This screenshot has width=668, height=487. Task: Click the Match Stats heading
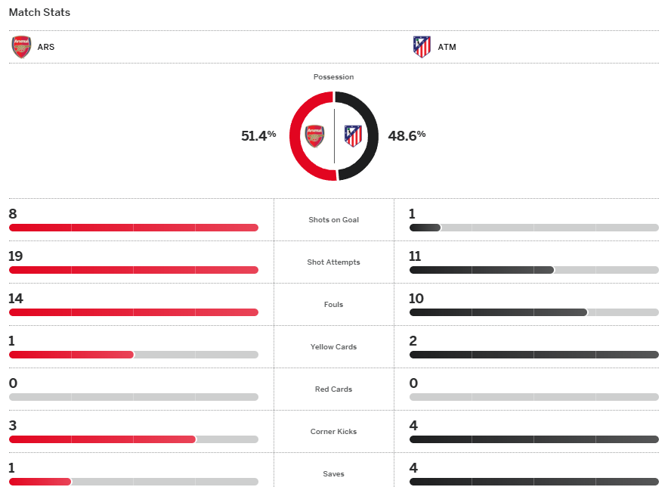point(39,13)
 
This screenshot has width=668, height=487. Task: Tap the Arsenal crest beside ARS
point(21,47)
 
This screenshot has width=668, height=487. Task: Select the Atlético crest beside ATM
point(422,47)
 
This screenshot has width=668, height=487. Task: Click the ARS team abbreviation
point(46,47)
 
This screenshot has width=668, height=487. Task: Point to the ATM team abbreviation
point(447,47)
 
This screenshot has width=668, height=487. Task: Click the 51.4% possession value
point(258,135)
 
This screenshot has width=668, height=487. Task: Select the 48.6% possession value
point(407,135)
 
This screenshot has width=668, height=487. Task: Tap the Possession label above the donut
point(333,77)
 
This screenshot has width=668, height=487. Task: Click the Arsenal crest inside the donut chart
point(314,136)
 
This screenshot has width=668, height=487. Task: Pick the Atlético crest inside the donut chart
point(353,136)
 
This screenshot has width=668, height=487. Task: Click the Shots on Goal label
point(333,220)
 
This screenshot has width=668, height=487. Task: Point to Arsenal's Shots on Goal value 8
point(13,214)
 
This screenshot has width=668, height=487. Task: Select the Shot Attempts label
point(333,262)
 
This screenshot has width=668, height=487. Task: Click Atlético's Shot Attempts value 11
point(415,256)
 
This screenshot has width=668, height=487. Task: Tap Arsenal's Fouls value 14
point(16,299)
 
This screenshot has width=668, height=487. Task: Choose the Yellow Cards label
point(333,347)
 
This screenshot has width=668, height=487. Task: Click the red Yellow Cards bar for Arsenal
point(71,355)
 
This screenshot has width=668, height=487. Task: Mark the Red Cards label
point(333,389)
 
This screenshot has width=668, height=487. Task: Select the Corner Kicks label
point(333,432)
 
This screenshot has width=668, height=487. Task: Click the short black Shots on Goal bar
point(425,228)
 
